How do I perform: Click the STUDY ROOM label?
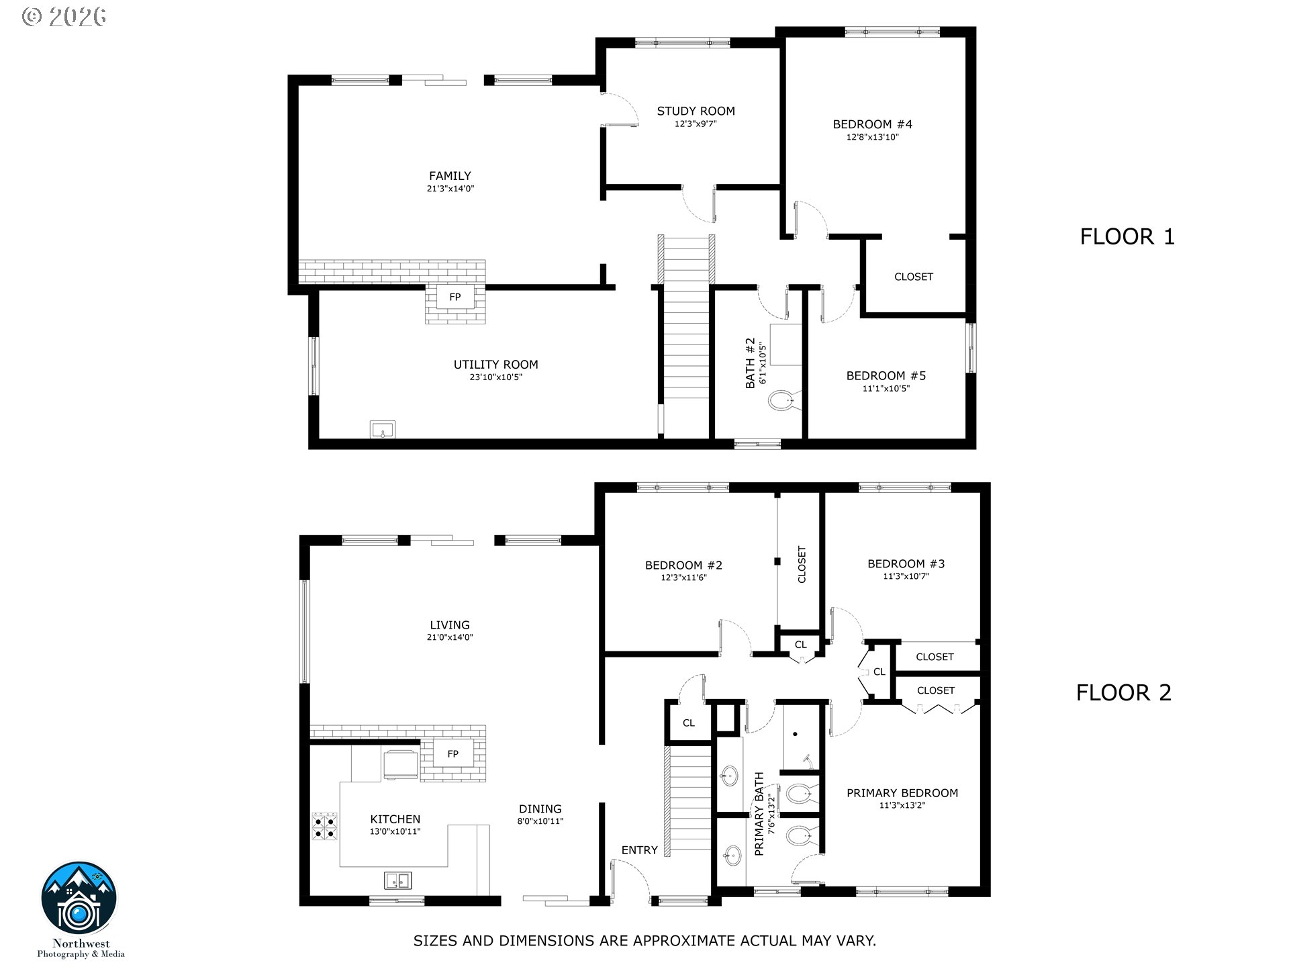696,111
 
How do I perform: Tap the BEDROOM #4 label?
872,124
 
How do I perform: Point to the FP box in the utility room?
455,297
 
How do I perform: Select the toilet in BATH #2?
781,402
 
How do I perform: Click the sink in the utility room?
383,430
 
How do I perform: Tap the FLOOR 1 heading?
1127,236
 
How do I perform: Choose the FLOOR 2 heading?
1124,692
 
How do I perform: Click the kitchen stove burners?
324,827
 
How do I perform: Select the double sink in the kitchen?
398,880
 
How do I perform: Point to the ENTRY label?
639,850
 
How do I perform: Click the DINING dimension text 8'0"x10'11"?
540,821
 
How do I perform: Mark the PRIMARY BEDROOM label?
902,793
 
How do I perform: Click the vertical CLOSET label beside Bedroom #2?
802,564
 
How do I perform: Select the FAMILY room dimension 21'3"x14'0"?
450,189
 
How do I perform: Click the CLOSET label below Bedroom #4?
914,277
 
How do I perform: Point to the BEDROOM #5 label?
886,376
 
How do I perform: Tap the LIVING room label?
450,625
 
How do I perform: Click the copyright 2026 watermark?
64,17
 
